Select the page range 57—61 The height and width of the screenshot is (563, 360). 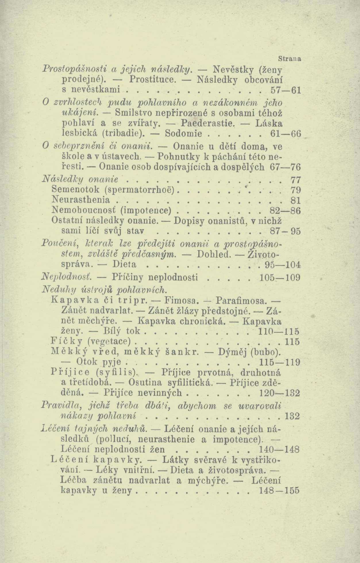click(x=286, y=90)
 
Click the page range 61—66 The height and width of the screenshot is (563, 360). click(x=286, y=134)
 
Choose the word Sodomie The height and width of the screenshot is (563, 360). click(x=184, y=134)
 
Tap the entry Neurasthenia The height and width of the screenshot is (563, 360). click(x=81, y=200)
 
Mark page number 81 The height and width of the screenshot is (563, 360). click(x=295, y=200)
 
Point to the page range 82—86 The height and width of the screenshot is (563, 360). click(x=286, y=211)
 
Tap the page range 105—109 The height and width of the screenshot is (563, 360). click(x=280, y=278)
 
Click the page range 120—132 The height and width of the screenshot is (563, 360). click(x=280, y=393)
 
